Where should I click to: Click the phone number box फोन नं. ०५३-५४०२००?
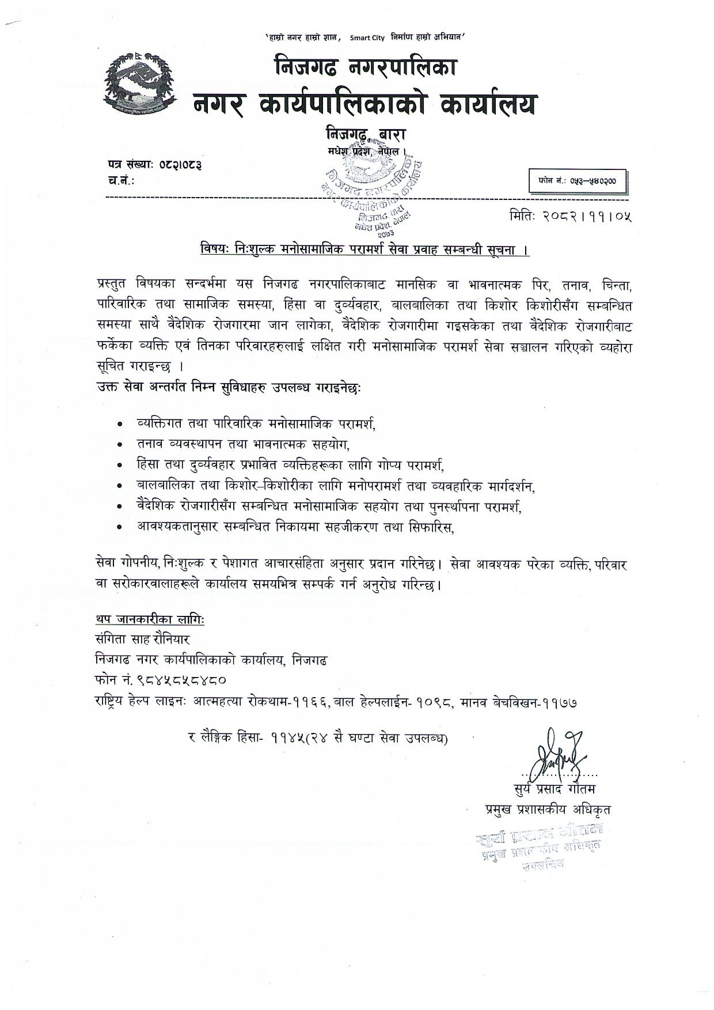(x=578, y=181)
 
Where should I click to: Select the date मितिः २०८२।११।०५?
(x=569, y=217)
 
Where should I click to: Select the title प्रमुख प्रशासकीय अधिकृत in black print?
(x=548, y=809)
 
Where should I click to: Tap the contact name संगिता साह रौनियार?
(x=143, y=640)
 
